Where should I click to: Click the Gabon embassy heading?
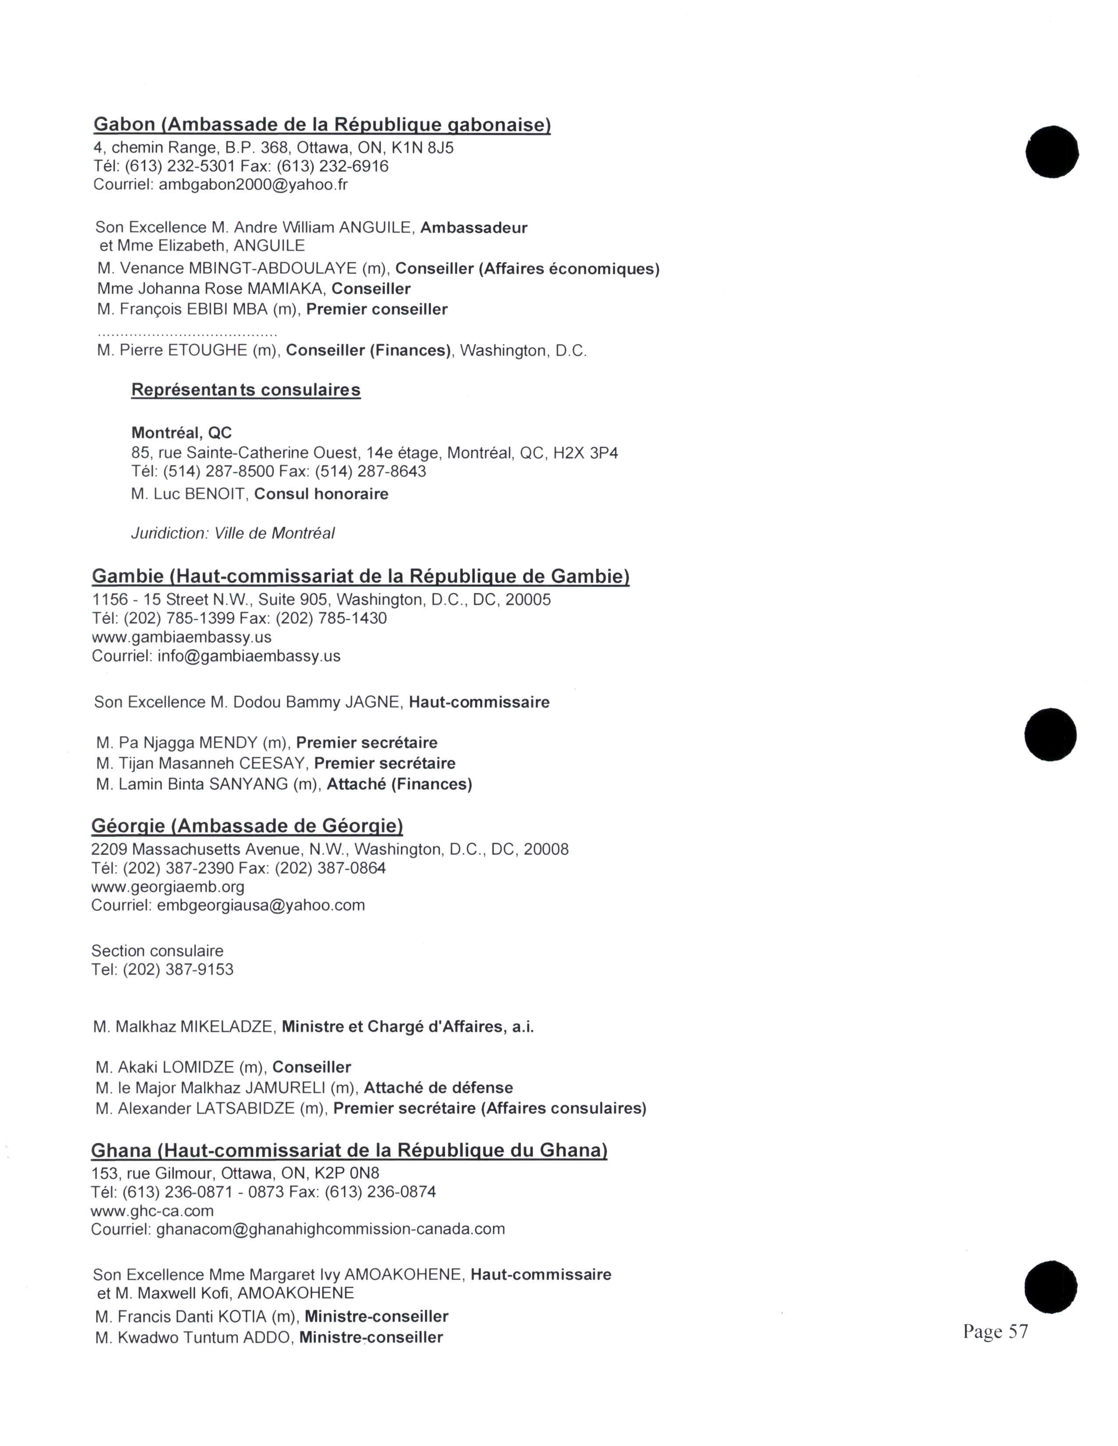point(322,124)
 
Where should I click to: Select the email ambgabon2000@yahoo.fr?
point(254,185)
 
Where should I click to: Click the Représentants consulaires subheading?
point(246,390)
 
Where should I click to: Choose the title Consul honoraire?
point(321,494)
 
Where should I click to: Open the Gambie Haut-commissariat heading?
point(360,576)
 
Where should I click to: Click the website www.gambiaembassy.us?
point(182,637)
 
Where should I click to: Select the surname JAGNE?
point(374,702)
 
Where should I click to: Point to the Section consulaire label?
point(158,951)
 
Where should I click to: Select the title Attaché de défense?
point(438,1088)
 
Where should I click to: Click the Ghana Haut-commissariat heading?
point(349,1150)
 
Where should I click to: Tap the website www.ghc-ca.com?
point(152,1211)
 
